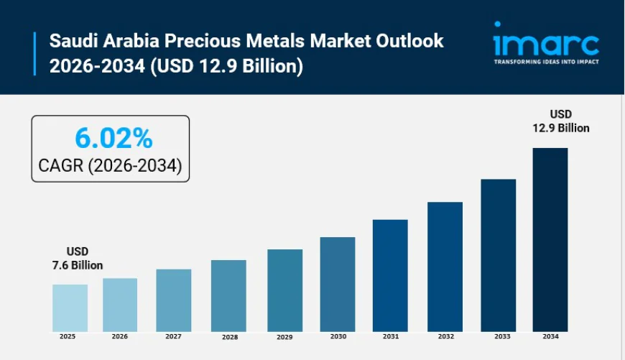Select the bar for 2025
[70, 308]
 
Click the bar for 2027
[174, 300]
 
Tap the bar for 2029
[284, 290]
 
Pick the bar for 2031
[390, 275]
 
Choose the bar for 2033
[498, 255]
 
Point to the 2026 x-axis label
[120, 336]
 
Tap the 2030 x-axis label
[338, 336]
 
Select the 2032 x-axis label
[445, 336]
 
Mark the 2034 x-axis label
[550, 336]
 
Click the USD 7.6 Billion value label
[75, 259]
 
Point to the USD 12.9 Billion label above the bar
[560, 121]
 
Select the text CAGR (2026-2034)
[110, 167]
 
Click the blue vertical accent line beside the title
[34, 53]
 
